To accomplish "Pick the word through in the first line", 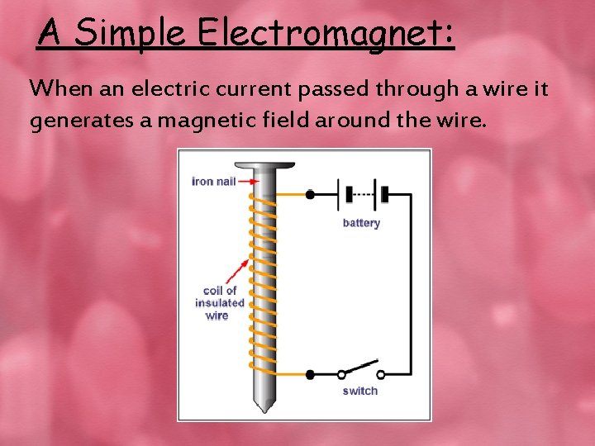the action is (408, 88).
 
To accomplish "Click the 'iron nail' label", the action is (213, 182).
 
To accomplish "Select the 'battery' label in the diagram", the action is (361, 223).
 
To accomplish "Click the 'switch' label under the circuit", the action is (359, 391).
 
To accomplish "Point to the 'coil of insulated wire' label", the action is (219, 302).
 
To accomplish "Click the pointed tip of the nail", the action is (264, 408).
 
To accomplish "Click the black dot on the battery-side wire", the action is (310, 195).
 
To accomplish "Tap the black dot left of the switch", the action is (310, 374).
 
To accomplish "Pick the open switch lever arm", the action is (360, 368).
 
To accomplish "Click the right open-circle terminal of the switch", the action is (381, 374).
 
